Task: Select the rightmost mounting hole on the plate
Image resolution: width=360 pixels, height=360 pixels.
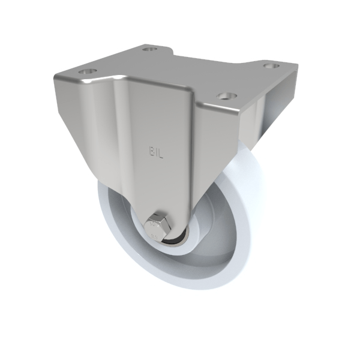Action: tap(271, 65)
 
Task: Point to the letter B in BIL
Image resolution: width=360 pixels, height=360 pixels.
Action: tap(152, 151)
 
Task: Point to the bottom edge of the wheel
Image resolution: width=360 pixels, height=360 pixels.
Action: tap(180, 287)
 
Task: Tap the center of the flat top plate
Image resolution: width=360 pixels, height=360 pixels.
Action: tap(180, 75)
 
